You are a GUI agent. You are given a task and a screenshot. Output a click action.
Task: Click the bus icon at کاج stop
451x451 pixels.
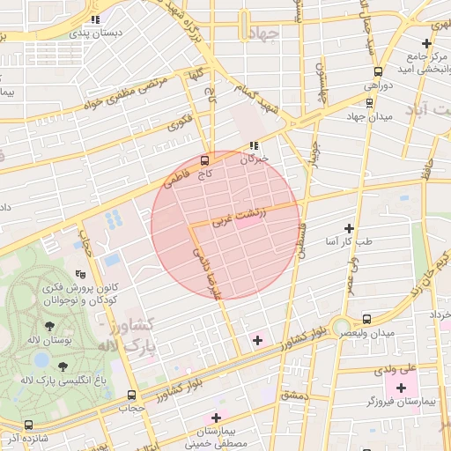coord(204,160)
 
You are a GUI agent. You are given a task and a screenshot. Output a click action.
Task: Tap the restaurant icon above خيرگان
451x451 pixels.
coord(255,145)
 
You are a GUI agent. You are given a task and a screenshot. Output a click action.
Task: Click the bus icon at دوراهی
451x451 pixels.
coord(378,71)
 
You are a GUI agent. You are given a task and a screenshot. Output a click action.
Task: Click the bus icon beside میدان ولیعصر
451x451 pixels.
coord(366,319)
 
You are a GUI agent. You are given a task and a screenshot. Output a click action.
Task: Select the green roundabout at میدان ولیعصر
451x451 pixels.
coord(340,327)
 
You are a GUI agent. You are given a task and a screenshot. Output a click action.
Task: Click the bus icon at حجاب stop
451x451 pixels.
coord(132,395)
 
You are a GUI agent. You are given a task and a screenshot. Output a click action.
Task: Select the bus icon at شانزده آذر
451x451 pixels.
coord(28,425)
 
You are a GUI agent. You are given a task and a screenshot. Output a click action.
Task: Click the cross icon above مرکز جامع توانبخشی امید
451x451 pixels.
coord(426,43)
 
